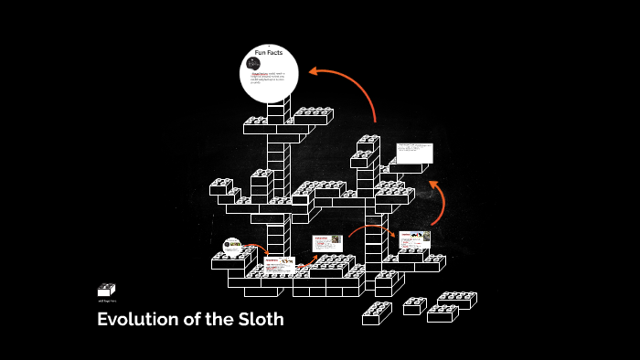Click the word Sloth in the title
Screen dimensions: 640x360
259,320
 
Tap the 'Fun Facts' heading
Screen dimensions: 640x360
270,55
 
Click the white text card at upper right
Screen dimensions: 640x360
414,153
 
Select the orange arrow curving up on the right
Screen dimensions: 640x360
437,201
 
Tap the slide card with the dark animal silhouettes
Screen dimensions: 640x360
415,239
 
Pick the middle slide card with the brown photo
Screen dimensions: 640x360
327,243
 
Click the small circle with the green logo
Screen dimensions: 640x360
233,246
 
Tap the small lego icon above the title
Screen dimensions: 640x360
107,290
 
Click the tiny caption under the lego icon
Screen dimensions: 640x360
107,301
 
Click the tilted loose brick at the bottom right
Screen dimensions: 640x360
377,312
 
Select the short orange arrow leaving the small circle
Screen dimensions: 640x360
257,249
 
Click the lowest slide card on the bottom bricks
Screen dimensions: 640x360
280,265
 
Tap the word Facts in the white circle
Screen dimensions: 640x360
278,55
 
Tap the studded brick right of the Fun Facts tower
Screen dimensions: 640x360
313,116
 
